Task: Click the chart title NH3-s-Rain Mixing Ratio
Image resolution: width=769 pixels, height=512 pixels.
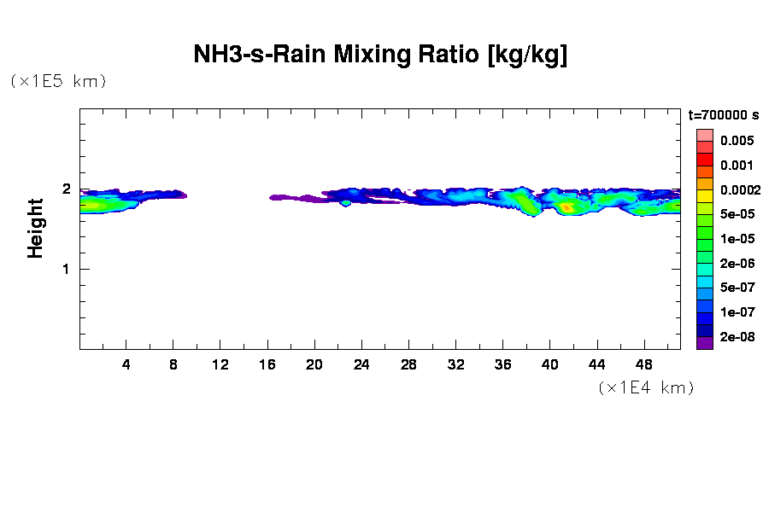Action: (x=380, y=55)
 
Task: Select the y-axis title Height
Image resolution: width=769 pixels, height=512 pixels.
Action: (x=35, y=228)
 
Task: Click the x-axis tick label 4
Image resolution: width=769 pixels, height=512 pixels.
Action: (x=126, y=364)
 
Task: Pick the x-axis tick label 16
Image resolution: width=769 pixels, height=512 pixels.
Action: (x=267, y=364)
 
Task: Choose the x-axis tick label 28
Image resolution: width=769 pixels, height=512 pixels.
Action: (x=408, y=364)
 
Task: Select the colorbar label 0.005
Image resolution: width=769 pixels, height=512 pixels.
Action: (x=737, y=141)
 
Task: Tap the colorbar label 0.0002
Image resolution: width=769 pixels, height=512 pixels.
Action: (x=739, y=189)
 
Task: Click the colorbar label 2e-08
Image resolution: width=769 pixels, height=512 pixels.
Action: (x=737, y=337)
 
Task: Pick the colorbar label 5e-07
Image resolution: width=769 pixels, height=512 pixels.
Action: (x=737, y=288)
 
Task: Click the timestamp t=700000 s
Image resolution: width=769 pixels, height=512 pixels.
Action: (x=724, y=115)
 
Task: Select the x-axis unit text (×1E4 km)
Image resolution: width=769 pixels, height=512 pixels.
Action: (x=645, y=387)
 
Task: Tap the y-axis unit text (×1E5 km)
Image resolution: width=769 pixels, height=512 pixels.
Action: (x=58, y=81)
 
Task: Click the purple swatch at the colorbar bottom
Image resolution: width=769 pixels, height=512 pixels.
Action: (x=704, y=344)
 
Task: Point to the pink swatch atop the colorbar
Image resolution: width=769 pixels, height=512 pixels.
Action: (x=704, y=135)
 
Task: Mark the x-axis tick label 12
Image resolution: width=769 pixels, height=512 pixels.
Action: (x=220, y=364)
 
